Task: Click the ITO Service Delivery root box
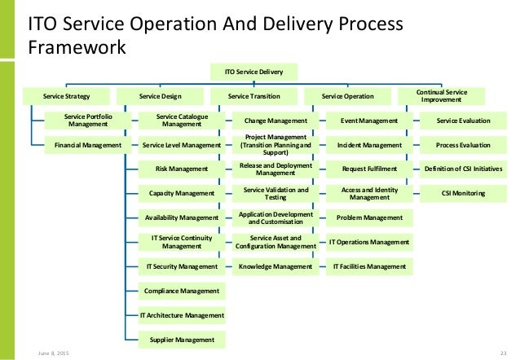pyautogui.click(x=253, y=72)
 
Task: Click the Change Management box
pyautogui.click(x=275, y=121)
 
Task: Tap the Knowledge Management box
pyautogui.click(x=275, y=266)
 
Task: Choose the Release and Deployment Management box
pyautogui.click(x=275, y=169)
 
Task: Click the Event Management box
pyautogui.click(x=368, y=121)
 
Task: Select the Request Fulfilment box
pyautogui.click(x=368, y=169)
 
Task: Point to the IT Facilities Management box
pyautogui.click(x=368, y=266)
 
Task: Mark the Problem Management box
pyautogui.click(x=368, y=217)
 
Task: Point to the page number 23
pyautogui.click(x=503, y=353)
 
